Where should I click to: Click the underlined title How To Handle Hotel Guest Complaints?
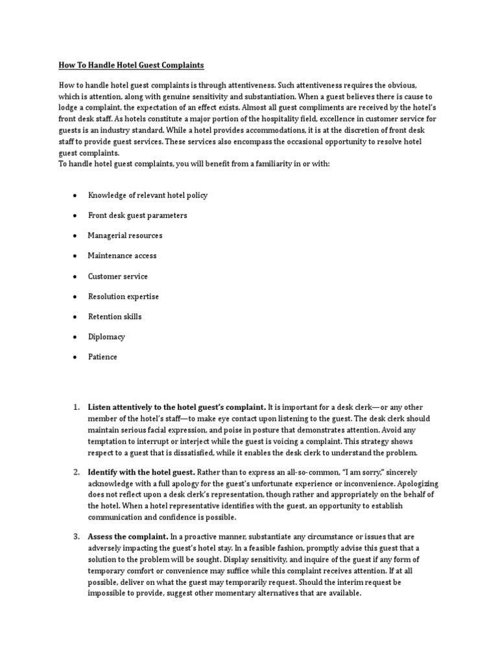130,65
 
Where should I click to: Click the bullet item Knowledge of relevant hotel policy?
148,195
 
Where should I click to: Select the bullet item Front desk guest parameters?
137,215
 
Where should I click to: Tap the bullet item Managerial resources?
125,235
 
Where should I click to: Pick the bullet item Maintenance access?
122,255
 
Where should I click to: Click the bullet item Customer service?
118,276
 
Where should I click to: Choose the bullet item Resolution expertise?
123,296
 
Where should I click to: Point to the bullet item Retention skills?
115,316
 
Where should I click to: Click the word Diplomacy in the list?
106,337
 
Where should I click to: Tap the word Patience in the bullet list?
102,357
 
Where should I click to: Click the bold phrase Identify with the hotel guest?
141,472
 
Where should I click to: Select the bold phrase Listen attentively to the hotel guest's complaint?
177,408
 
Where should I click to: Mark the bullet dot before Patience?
75,357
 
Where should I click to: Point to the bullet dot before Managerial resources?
75,235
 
